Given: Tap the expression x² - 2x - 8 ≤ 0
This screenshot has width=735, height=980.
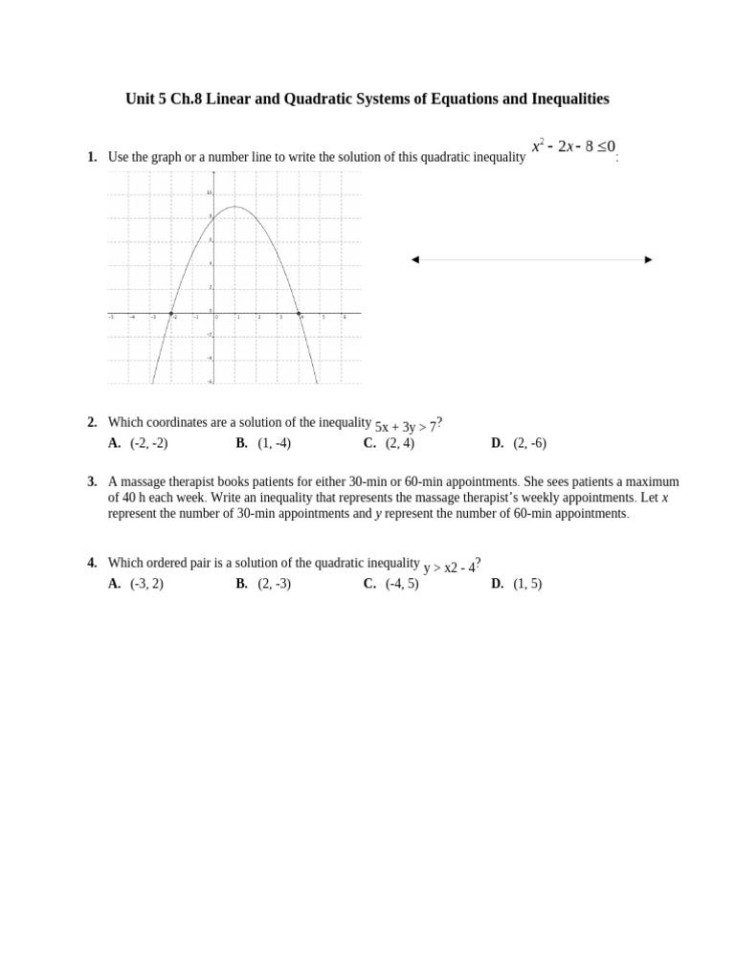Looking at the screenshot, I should pos(573,147).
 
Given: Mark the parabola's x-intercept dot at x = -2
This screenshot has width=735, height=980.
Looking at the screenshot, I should pos(171,313).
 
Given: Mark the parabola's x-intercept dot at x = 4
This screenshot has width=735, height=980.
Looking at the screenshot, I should pos(299,313).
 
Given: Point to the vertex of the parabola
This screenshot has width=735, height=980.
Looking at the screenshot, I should pos(235,207).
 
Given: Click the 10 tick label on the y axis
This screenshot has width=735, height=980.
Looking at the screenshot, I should pos(209,193).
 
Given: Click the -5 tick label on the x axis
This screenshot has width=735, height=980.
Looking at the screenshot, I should pos(111,318).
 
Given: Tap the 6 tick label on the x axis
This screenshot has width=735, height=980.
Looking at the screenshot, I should pos(345,318).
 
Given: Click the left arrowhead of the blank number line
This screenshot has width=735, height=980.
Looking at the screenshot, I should pos(415,259).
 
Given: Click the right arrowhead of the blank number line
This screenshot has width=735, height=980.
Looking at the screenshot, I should pos(649,259).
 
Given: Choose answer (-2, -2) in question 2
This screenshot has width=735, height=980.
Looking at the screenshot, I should pos(148,443).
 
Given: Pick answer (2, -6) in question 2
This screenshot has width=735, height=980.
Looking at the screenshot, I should pos(529,443).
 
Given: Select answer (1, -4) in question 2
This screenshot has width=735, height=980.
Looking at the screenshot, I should pos(274,443).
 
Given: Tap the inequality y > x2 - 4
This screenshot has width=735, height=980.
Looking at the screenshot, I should pos(449,568).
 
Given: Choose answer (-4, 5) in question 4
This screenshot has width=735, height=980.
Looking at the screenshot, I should pos(402,584).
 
